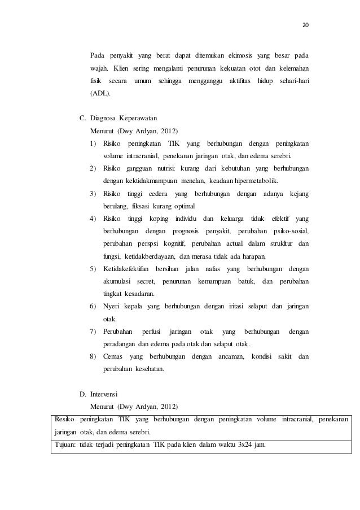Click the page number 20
coord(306,25)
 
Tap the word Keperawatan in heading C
coord(137,119)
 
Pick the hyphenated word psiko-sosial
coord(291,231)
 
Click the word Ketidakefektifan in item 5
coord(125,268)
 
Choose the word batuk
coord(244,281)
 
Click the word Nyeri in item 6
coord(111,306)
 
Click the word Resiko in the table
coord(63,419)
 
